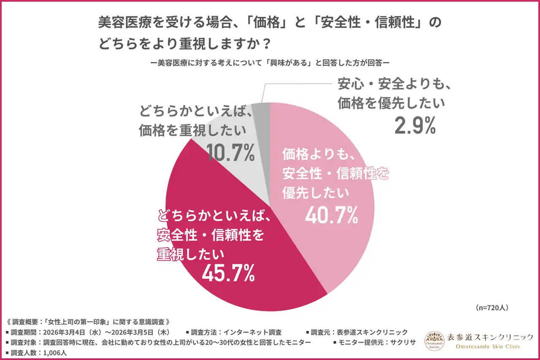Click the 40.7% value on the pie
point(332,216)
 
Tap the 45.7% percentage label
point(228,274)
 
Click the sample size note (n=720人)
point(491,307)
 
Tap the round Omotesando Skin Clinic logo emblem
point(434,341)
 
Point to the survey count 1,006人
point(54,352)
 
